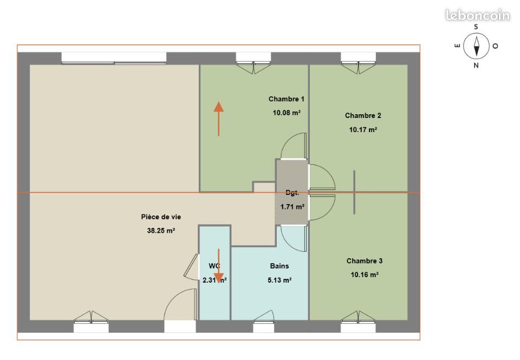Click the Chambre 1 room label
(286, 99)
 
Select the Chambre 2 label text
(363, 115)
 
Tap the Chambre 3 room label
(364, 261)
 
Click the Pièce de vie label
(161, 217)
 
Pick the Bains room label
(279, 266)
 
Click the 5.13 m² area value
(279, 280)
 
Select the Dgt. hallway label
(292, 193)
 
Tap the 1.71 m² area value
(292, 207)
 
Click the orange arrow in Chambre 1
(219, 118)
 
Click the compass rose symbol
(477, 45)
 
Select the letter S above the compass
(476, 26)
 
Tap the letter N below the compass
(476, 66)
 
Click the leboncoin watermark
(477, 15)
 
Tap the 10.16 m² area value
(364, 274)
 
